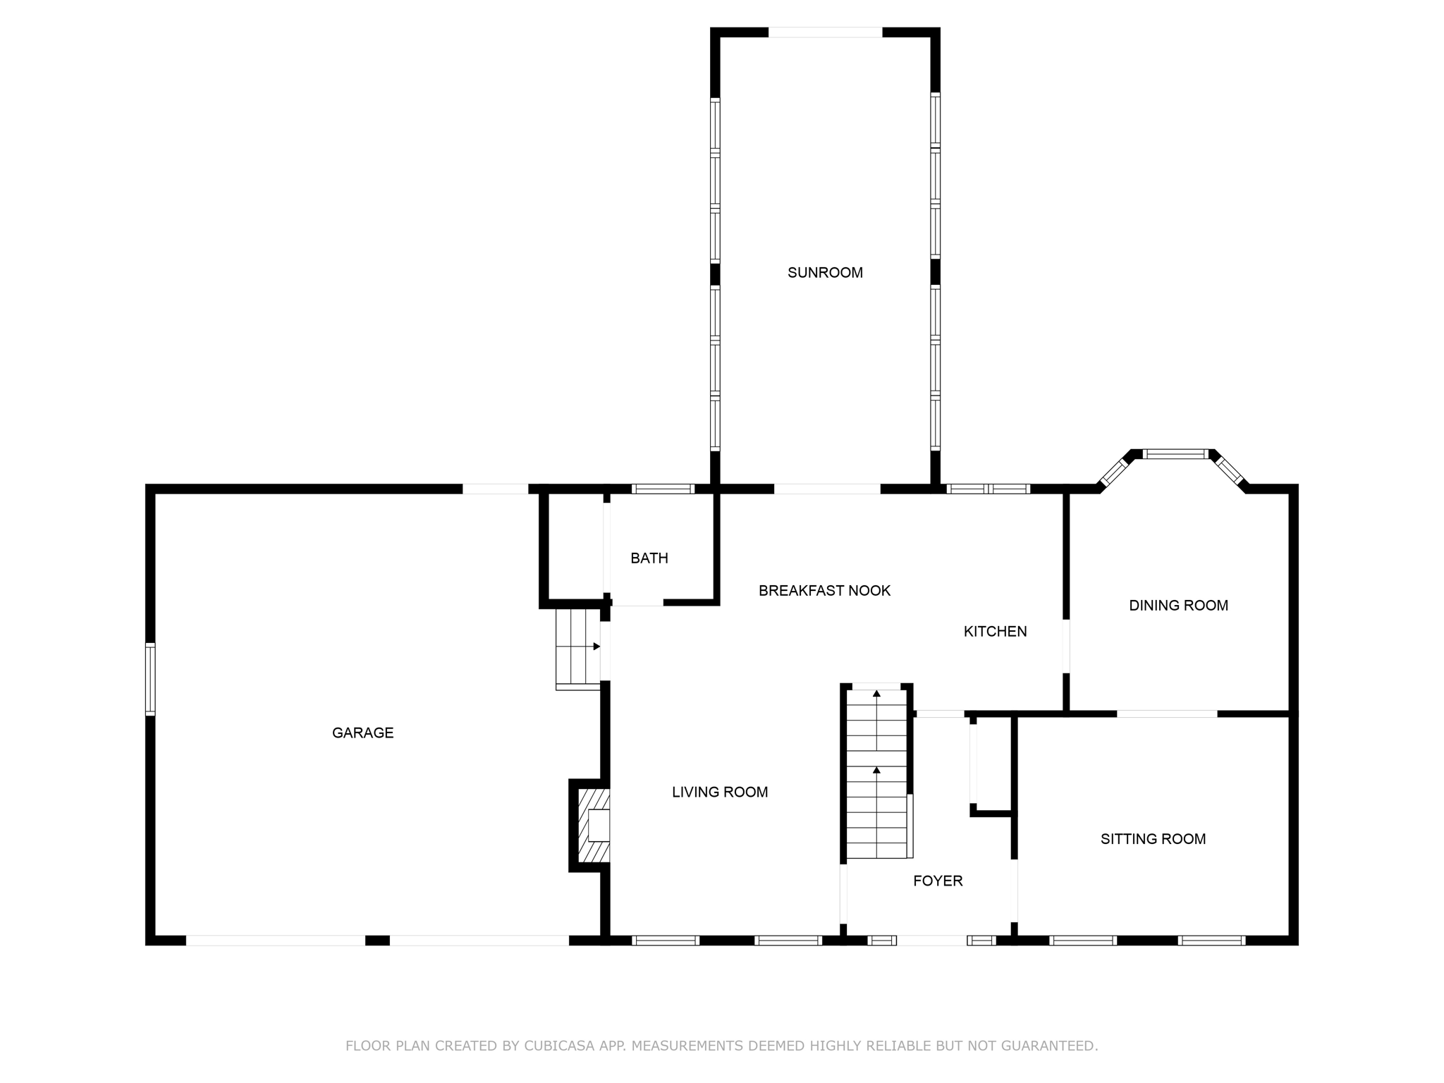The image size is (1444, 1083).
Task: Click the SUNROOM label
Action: click(825, 273)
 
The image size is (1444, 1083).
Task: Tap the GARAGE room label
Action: click(362, 733)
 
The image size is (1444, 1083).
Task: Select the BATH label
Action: click(649, 558)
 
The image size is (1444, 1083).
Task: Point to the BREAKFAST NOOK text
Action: click(824, 591)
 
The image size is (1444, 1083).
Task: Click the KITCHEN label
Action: click(995, 632)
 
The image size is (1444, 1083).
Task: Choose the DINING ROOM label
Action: click(1178, 606)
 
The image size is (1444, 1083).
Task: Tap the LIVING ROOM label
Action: click(720, 793)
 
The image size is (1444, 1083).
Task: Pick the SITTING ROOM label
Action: click(1153, 839)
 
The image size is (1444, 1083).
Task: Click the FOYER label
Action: click(938, 881)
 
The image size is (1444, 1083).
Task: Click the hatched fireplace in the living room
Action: click(594, 825)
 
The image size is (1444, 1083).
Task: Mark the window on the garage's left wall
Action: click(150, 679)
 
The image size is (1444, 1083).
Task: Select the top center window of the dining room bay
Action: click(1175, 454)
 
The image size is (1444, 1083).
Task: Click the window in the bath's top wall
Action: click(663, 489)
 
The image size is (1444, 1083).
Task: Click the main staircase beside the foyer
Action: click(876, 774)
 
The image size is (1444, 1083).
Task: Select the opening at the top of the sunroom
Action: click(825, 32)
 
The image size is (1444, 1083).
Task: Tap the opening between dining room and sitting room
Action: click(1167, 714)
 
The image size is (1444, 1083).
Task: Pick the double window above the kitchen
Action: click(988, 489)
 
